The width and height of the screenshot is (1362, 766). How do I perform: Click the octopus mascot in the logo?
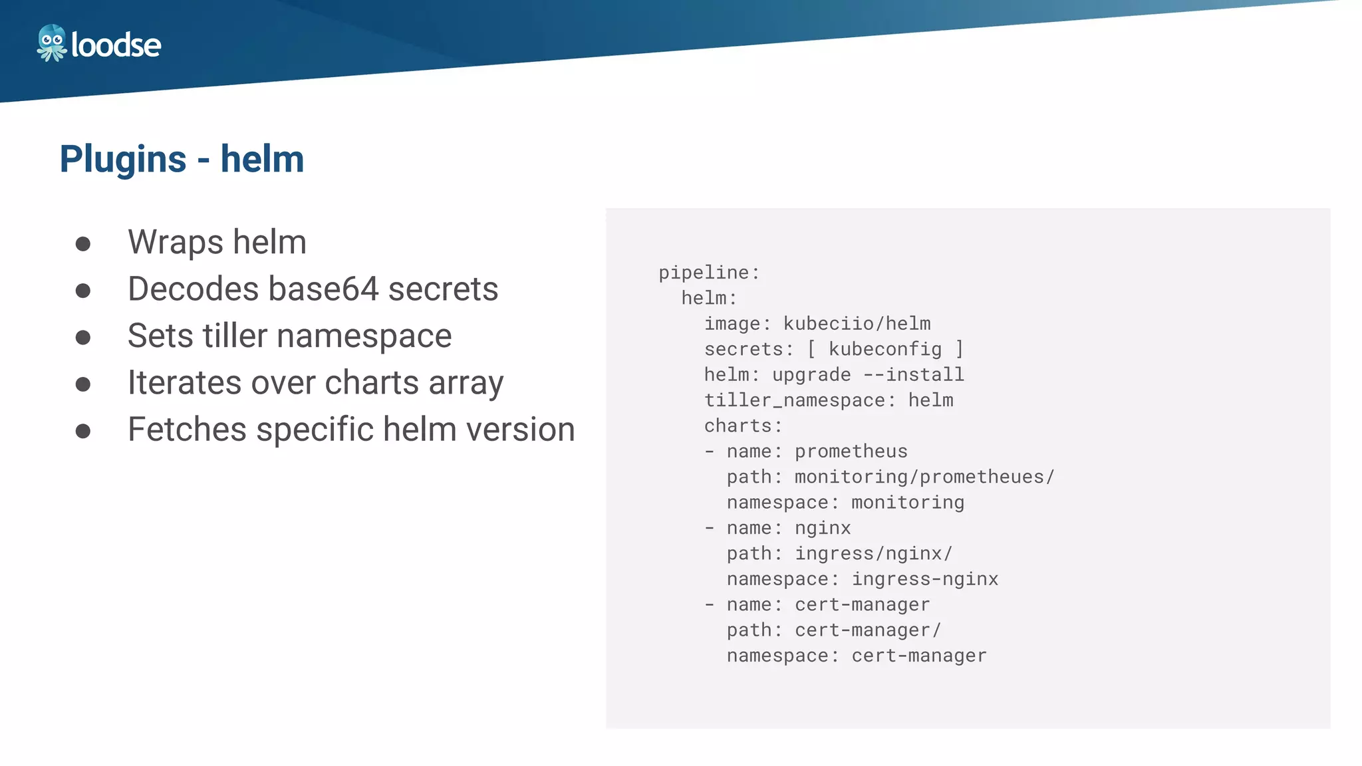click(x=51, y=43)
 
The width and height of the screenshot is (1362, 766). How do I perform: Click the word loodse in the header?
click(x=116, y=45)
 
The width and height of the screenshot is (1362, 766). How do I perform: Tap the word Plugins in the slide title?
click(x=123, y=160)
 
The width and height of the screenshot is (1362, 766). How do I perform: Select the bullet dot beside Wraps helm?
click(x=83, y=243)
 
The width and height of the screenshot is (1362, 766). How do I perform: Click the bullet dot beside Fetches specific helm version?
click(x=83, y=431)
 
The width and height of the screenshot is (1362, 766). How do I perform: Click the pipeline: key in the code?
click(x=709, y=273)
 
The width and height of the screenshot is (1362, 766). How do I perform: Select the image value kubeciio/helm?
click(x=857, y=324)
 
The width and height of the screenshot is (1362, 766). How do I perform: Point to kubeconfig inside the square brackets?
click(x=885, y=349)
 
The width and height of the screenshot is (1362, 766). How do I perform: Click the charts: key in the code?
click(x=743, y=426)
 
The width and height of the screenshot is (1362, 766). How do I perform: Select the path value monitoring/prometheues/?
click(x=924, y=477)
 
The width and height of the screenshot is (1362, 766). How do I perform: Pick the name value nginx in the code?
click(x=823, y=528)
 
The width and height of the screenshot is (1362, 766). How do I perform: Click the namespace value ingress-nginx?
click(x=924, y=579)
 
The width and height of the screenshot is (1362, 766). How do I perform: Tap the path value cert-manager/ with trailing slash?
click(x=868, y=630)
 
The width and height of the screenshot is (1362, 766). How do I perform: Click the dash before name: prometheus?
click(x=710, y=451)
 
